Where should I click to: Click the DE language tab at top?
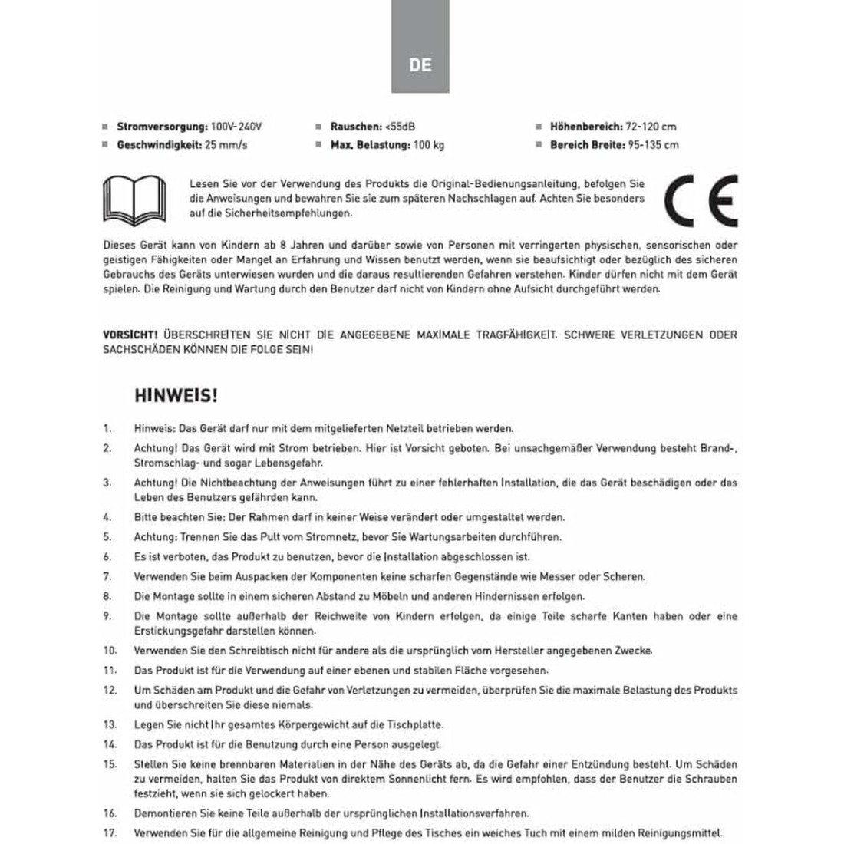(x=420, y=64)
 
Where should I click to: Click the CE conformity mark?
(x=701, y=200)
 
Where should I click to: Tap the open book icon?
(x=135, y=199)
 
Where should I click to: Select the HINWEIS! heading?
(x=176, y=396)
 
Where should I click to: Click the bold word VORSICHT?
(x=130, y=335)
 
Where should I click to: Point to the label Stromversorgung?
(x=162, y=127)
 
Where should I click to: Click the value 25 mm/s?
(x=226, y=144)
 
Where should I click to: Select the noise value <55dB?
(x=400, y=127)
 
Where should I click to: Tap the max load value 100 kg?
(x=429, y=144)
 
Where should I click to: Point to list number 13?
(x=110, y=724)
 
